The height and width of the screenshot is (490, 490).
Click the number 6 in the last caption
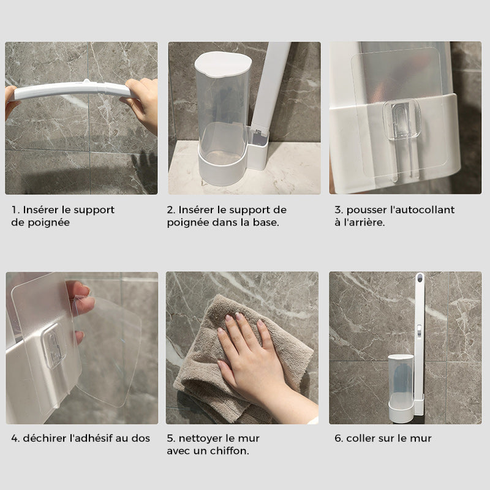(x=337, y=438)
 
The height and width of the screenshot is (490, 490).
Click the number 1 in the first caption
(x=13, y=209)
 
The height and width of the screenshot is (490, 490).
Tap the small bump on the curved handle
(x=86, y=82)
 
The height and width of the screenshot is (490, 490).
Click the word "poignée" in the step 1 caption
(x=48, y=222)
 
